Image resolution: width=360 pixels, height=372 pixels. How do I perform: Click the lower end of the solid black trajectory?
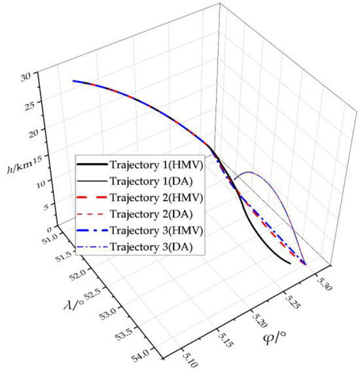(290, 263)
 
